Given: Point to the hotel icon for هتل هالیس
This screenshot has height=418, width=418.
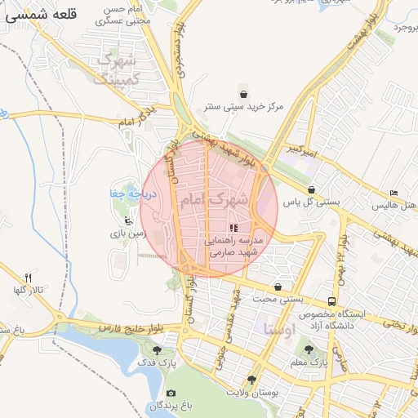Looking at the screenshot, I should (394, 193).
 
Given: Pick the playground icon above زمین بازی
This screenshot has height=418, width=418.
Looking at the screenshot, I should (128, 220).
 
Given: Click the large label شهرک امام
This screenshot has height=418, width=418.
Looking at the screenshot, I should (209, 198).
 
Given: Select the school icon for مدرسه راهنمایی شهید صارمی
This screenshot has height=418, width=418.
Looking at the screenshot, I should (234, 229).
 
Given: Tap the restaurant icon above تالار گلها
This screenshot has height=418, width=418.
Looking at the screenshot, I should (29, 278).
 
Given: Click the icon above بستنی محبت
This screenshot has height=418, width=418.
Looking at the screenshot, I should (279, 287).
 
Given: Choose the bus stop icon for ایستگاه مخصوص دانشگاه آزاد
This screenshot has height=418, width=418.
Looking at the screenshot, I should (331, 302).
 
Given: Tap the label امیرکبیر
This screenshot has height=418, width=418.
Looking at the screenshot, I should (303, 151).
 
